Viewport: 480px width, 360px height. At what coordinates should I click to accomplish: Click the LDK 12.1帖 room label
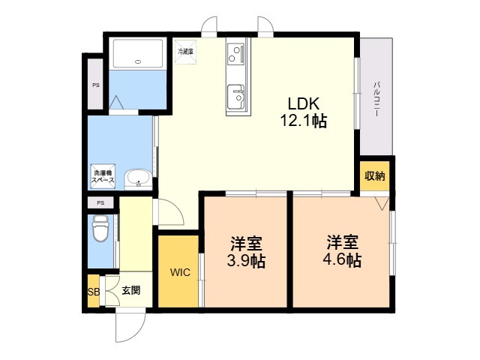304,112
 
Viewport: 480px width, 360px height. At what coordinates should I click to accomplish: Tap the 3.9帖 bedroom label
246,252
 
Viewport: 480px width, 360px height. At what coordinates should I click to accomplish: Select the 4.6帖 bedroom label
342,252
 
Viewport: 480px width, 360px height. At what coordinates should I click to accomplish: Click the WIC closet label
180,272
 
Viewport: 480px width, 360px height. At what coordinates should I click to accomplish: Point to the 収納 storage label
375,175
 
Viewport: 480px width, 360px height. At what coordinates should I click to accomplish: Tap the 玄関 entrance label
131,290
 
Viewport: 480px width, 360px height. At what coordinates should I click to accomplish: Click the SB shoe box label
94,292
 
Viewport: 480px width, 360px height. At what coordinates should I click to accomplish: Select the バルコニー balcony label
376,98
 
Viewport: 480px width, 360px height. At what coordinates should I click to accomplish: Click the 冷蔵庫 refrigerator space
185,52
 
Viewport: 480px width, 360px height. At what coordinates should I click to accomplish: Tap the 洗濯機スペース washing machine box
103,177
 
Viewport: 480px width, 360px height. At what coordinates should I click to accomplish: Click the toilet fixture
100,228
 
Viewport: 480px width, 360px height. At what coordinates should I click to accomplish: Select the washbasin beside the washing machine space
138,178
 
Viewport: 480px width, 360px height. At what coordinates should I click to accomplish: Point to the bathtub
138,54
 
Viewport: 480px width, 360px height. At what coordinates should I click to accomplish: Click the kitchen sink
235,97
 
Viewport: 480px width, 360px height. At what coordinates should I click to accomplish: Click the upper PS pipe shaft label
96,85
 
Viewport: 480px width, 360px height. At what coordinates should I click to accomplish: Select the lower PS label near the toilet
100,202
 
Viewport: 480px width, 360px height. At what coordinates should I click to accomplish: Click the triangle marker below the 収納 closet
382,203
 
